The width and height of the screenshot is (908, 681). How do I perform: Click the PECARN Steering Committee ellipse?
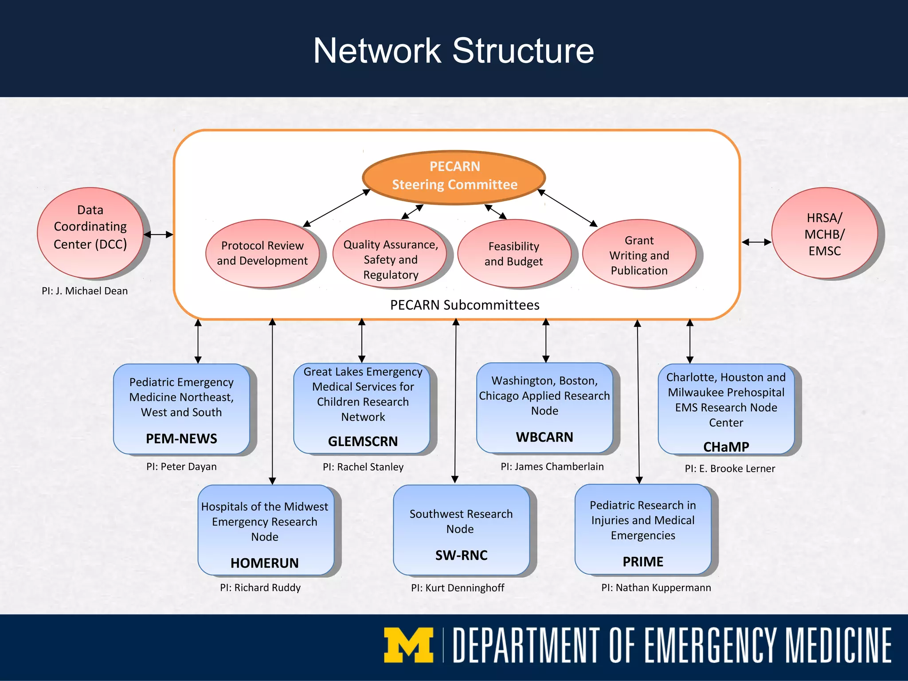pyautogui.click(x=454, y=177)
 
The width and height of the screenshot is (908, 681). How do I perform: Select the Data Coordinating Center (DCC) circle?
pyautogui.click(x=90, y=233)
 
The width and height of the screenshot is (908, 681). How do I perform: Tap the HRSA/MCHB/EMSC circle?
pyautogui.click(x=824, y=234)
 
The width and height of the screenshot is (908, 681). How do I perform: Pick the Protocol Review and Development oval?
pyautogui.click(x=262, y=253)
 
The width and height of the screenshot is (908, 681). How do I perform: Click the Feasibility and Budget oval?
pyautogui.click(x=513, y=254)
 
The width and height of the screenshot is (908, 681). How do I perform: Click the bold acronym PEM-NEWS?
pyautogui.click(x=181, y=438)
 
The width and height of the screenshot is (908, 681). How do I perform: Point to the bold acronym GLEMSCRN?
pyautogui.click(x=363, y=441)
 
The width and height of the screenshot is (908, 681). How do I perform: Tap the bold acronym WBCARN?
pyautogui.click(x=544, y=437)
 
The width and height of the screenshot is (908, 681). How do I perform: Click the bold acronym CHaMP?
pyautogui.click(x=726, y=446)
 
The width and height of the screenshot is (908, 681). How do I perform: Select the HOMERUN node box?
pyautogui.click(x=266, y=530)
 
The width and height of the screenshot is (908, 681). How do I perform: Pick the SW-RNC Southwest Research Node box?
pyautogui.click(x=461, y=530)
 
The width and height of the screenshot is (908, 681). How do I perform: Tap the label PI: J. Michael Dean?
pyautogui.click(x=85, y=291)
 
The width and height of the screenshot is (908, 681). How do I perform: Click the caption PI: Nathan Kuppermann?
pyautogui.click(x=656, y=587)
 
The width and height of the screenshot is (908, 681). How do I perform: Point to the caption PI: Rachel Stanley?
pyautogui.click(x=363, y=467)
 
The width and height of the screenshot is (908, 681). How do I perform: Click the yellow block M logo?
pyautogui.click(x=408, y=645)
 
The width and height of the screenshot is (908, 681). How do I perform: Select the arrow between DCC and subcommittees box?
pyautogui.click(x=158, y=235)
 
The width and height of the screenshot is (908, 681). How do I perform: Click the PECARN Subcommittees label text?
pyautogui.click(x=465, y=305)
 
